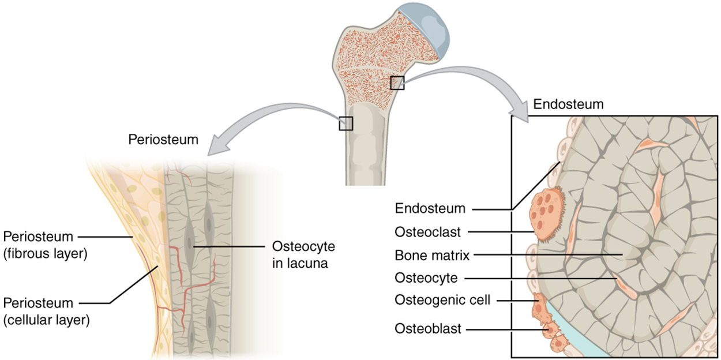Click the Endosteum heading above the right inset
(x=568, y=104)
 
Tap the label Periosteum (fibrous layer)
(x=39, y=245)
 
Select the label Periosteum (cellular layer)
(x=39, y=311)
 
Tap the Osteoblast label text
(x=428, y=328)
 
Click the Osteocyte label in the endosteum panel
(x=426, y=277)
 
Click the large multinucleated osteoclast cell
(x=545, y=213)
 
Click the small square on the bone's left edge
(x=346, y=123)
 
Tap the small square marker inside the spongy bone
(x=397, y=82)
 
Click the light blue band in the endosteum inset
(x=568, y=335)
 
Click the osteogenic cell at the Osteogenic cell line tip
(x=539, y=302)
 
